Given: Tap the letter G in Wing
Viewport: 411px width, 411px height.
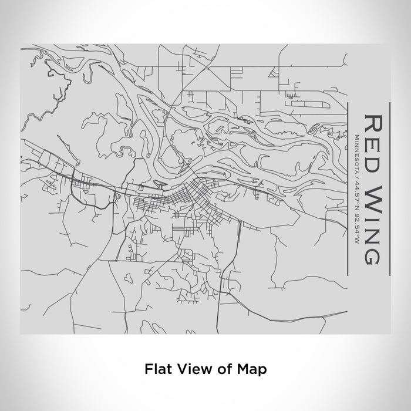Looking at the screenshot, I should point(374,254).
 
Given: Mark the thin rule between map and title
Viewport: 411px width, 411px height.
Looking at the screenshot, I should point(349,188).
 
